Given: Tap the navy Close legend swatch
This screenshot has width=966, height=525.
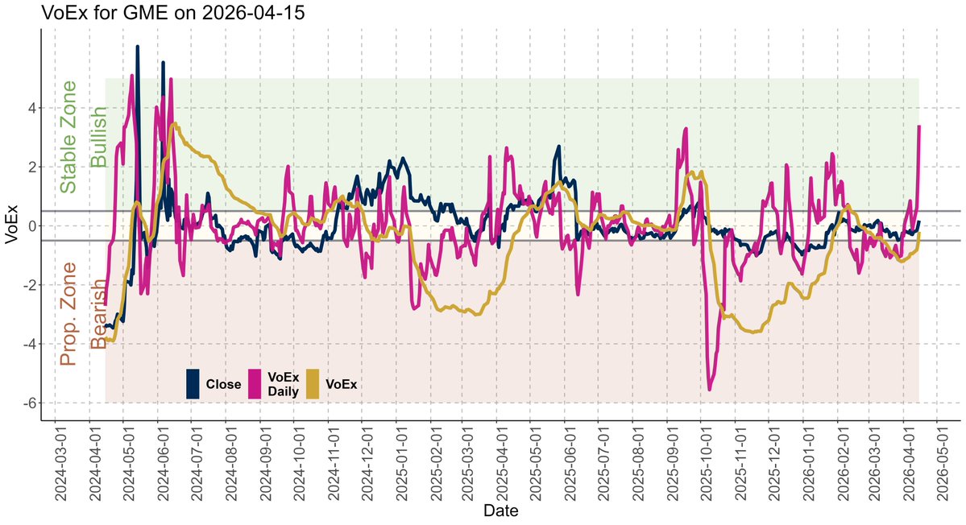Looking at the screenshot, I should pos(193,383).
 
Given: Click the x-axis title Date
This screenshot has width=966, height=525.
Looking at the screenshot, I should pos(500,511).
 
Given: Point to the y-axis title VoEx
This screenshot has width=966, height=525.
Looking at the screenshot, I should pos(11,226).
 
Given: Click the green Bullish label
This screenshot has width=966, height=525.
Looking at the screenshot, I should pos(98,137).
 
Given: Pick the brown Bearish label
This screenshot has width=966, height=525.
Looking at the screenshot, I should pos(98,314).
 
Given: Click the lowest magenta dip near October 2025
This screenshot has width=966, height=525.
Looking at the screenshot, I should pos(710,390).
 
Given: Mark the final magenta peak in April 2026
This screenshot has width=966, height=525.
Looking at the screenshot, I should pos(919,126).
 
